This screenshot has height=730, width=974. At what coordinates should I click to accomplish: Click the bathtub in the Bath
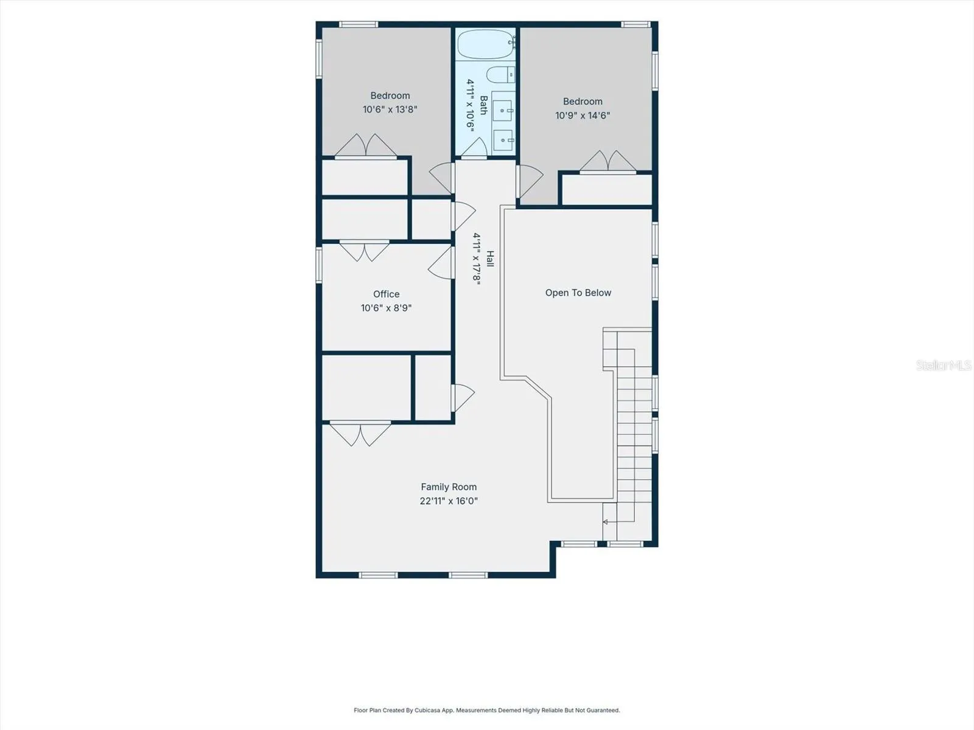pyautogui.click(x=486, y=44)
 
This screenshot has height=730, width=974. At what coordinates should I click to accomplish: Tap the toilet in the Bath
pyautogui.click(x=500, y=75)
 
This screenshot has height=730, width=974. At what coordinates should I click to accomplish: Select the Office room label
pyautogui.click(x=386, y=294)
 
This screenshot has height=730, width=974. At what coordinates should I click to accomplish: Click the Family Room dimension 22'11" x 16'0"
pyautogui.click(x=449, y=501)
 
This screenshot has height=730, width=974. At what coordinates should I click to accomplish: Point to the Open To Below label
pyautogui.click(x=578, y=293)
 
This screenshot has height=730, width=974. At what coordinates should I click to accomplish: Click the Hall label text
pyautogui.click(x=490, y=259)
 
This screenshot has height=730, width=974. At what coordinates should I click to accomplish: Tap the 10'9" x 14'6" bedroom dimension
pyautogui.click(x=583, y=115)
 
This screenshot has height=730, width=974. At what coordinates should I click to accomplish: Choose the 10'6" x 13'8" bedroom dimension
pyautogui.click(x=390, y=109)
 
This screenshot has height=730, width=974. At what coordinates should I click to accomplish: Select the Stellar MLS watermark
pyautogui.click(x=944, y=365)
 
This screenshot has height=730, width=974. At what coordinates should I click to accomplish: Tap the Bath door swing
pyautogui.click(x=474, y=147)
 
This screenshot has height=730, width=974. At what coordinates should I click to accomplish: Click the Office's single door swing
pyautogui.click(x=441, y=263)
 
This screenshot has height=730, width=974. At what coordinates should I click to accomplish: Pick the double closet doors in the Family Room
pyautogui.click(x=360, y=434)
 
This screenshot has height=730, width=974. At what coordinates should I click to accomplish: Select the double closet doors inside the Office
pyautogui.click(x=364, y=251)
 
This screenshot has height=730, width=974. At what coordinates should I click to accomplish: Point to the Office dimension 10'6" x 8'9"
pyautogui.click(x=386, y=308)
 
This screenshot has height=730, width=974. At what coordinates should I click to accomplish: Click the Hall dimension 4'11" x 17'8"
pyautogui.click(x=477, y=259)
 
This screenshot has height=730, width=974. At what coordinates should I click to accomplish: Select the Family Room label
pyautogui.click(x=449, y=487)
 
